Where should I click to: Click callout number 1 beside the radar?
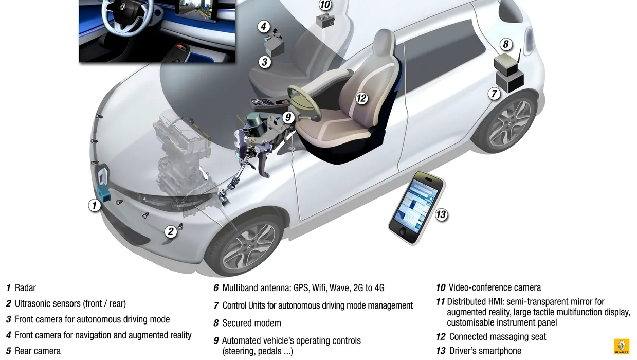click(x=95, y=205)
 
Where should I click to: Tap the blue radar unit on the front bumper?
click(x=103, y=193)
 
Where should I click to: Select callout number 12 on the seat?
click(x=361, y=98)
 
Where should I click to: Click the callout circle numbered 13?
click(x=441, y=214)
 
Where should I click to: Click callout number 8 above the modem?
click(x=505, y=44)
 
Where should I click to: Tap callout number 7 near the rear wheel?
click(x=494, y=94)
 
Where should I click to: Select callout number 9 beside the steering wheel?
click(x=288, y=117)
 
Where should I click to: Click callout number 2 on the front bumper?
click(x=171, y=231)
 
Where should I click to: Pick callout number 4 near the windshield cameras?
click(x=264, y=26)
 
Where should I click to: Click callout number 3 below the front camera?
click(x=264, y=62)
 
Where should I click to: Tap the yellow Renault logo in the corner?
click(x=622, y=346)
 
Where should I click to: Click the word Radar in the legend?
click(x=25, y=288)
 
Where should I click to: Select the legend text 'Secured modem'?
click(x=251, y=323)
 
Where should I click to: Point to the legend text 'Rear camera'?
click(x=38, y=351)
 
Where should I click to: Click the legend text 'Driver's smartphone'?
click(x=485, y=351)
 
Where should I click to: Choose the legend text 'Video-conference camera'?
click(x=495, y=287)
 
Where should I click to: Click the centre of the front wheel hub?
click(x=248, y=246)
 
